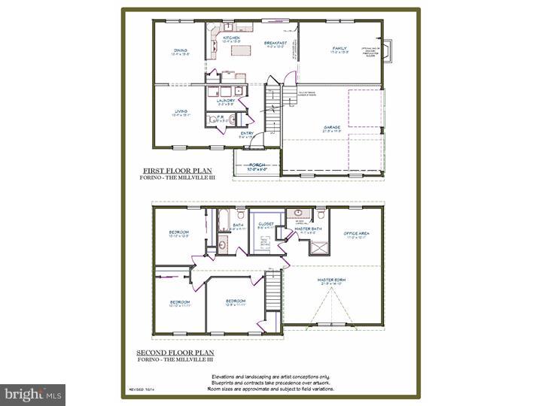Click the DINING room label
[x=179, y=50]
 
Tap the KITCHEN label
[x=231, y=37]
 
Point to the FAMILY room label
[x=340, y=49]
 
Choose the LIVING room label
[x=180, y=111]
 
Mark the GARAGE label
[x=332, y=127]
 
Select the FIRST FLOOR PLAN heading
[x=174, y=171]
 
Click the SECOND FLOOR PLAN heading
[x=175, y=352]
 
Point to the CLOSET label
[x=264, y=223]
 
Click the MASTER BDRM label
[x=330, y=280]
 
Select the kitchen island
[x=242, y=51]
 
